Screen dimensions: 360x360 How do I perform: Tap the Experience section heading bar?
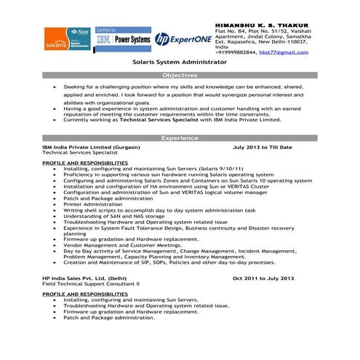(179, 137)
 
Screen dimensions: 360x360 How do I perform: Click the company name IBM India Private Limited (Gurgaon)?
(91, 147)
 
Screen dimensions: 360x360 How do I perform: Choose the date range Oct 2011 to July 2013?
(263, 279)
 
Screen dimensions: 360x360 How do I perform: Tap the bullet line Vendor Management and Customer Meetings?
(122, 245)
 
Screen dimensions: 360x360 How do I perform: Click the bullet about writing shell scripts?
(159, 210)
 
